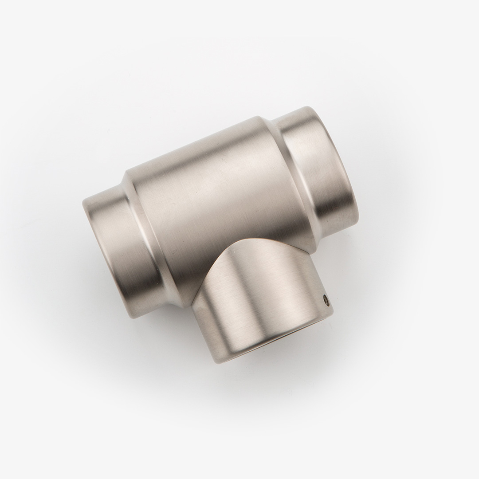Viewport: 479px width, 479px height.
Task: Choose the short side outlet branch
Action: [x=262, y=302]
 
